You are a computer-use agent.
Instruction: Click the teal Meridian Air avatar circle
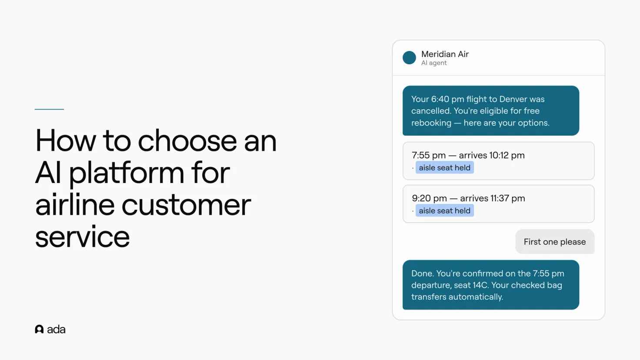pyautogui.click(x=409, y=58)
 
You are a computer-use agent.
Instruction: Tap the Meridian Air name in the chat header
pyautogui.click(x=445, y=54)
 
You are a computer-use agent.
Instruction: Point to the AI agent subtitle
pyautogui.click(x=434, y=63)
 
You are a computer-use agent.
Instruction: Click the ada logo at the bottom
pyautogui.click(x=50, y=330)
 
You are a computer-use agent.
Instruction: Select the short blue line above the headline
pyautogui.click(x=49, y=109)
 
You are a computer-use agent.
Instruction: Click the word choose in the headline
pyautogui.click(x=187, y=140)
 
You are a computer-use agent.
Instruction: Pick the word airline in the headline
pyautogui.click(x=75, y=205)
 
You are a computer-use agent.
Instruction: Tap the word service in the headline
pyautogui.click(x=82, y=237)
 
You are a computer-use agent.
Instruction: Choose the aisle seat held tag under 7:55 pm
pyautogui.click(x=445, y=168)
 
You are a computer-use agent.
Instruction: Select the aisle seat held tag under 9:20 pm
pyautogui.click(x=445, y=210)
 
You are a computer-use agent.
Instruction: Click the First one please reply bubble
pyautogui.click(x=555, y=242)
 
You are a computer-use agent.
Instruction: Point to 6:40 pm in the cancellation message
pyautogui.click(x=447, y=99)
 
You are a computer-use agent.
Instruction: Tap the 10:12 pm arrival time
pyautogui.click(x=507, y=155)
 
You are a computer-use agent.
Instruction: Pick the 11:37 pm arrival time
pyautogui.click(x=508, y=198)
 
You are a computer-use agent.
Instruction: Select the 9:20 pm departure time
pyautogui.click(x=430, y=198)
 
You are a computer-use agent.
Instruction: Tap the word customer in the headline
pyautogui.click(x=186, y=205)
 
